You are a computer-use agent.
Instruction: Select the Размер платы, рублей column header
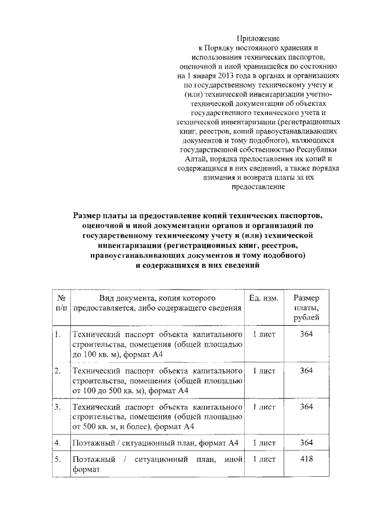point(306,309)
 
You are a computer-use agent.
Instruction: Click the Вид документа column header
point(157,299)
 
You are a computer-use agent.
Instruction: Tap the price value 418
point(307,459)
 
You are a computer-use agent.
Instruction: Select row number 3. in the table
point(58,407)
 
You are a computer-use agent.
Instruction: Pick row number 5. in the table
point(58,460)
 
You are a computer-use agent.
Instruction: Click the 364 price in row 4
point(307,442)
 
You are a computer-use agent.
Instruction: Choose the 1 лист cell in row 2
point(264,371)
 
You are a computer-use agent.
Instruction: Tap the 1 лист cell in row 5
point(264,459)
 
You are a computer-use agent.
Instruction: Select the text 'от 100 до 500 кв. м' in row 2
point(108,391)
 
